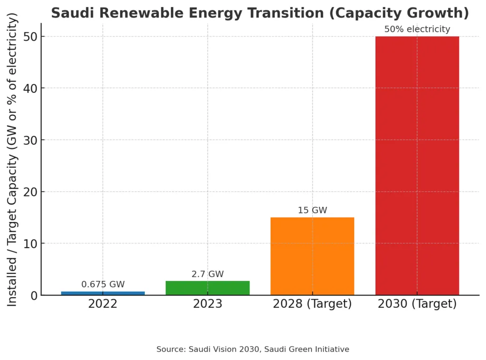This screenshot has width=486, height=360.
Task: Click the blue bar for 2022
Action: click(x=103, y=293)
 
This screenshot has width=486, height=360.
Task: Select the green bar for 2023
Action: click(x=207, y=288)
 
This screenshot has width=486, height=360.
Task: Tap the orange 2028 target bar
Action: click(x=312, y=256)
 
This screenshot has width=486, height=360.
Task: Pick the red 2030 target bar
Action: click(x=417, y=166)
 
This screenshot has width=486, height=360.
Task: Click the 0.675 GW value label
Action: click(x=103, y=285)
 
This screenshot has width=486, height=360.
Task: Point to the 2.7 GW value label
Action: click(x=207, y=274)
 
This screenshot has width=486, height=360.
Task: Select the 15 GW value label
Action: click(x=312, y=210)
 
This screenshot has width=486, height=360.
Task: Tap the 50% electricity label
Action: click(x=417, y=29)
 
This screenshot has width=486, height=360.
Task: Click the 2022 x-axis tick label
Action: click(x=103, y=304)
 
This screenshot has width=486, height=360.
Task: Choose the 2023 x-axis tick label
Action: click(x=207, y=304)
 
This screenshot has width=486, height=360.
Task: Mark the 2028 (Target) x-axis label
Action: click(x=312, y=304)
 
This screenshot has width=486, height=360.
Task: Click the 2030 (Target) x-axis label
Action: click(x=417, y=304)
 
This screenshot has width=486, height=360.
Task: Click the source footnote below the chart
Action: click(x=252, y=350)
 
